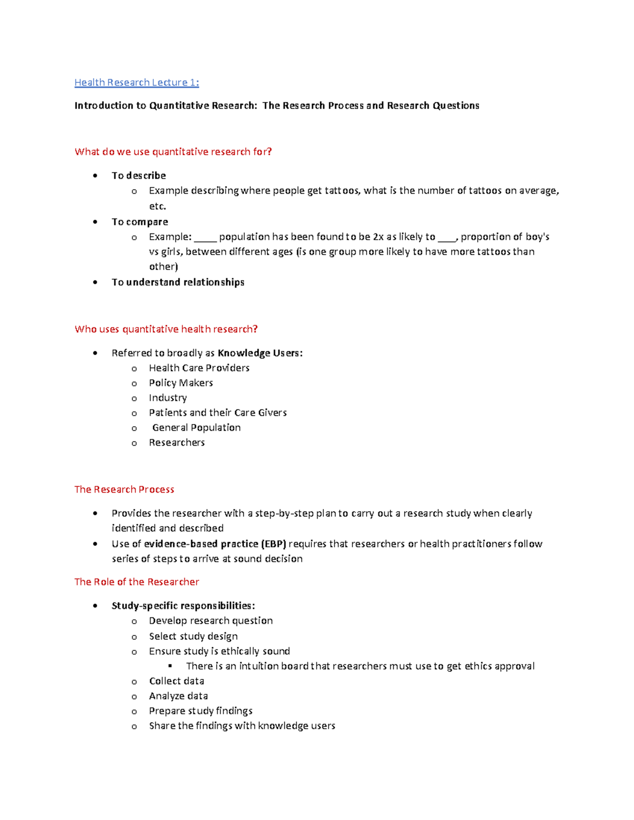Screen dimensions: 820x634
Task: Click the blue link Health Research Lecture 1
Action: coord(136,82)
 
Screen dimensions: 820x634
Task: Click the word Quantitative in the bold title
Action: coord(179,106)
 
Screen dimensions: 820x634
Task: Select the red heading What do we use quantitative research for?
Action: coord(173,152)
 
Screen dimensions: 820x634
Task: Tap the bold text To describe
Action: coord(138,175)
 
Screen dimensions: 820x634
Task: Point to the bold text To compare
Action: coord(139,222)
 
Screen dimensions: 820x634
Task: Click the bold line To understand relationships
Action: coord(178,282)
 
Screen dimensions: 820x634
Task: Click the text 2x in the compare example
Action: coord(378,237)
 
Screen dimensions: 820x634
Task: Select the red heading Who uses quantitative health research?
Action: coord(166,329)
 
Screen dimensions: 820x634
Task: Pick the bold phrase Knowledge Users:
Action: coord(260,353)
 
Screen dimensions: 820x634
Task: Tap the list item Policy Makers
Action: coord(181,383)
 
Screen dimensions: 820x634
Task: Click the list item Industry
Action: coord(167,398)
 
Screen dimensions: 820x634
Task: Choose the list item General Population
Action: coord(196,428)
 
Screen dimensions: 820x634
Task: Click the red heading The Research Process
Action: coord(124,489)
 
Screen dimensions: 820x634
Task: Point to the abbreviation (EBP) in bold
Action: coord(274,544)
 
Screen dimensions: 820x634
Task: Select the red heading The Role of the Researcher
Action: coord(136,582)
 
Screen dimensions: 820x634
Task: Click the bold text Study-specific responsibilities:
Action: coord(183,606)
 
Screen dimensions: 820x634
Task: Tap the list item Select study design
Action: coord(193,636)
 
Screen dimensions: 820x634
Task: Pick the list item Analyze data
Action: coord(178,696)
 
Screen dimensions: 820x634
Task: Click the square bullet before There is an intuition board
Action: coord(170,666)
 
